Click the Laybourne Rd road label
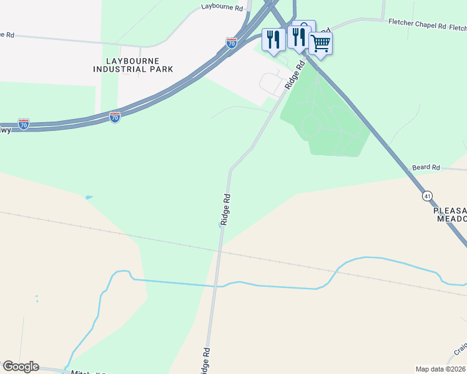point(222,7)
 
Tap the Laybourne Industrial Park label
point(133,65)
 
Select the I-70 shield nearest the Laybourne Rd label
point(231,42)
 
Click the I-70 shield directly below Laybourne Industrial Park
point(115,117)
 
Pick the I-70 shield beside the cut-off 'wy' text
point(24,123)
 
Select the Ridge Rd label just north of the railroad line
point(226,209)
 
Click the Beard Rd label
point(426,168)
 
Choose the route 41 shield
point(427,196)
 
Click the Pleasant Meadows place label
point(450,215)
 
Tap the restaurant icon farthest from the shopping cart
point(273,40)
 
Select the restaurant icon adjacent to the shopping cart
point(298,37)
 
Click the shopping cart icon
point(320,44)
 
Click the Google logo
point(20,367)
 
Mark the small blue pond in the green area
point(89,198)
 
